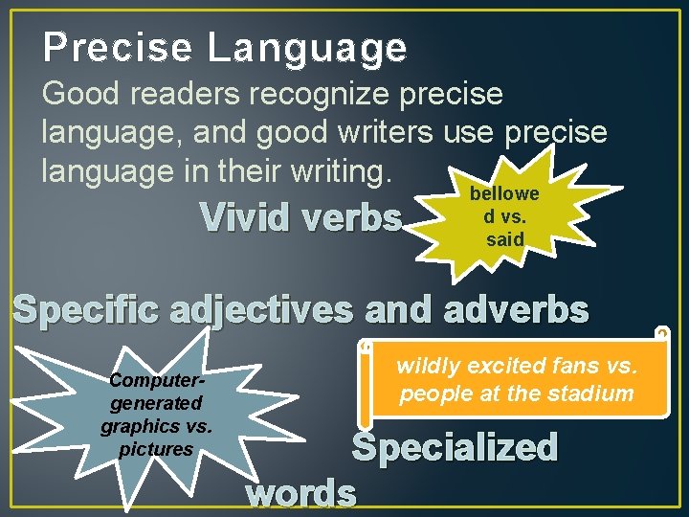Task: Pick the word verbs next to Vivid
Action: (x=350, y=219)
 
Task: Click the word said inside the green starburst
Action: (x=505, y=239)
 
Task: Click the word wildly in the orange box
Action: (x=427, y=365)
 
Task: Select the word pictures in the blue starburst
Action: (x=156, y=449)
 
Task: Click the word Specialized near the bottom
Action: (x=455, y=447)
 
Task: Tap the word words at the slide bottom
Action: (x=301, y=493)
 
